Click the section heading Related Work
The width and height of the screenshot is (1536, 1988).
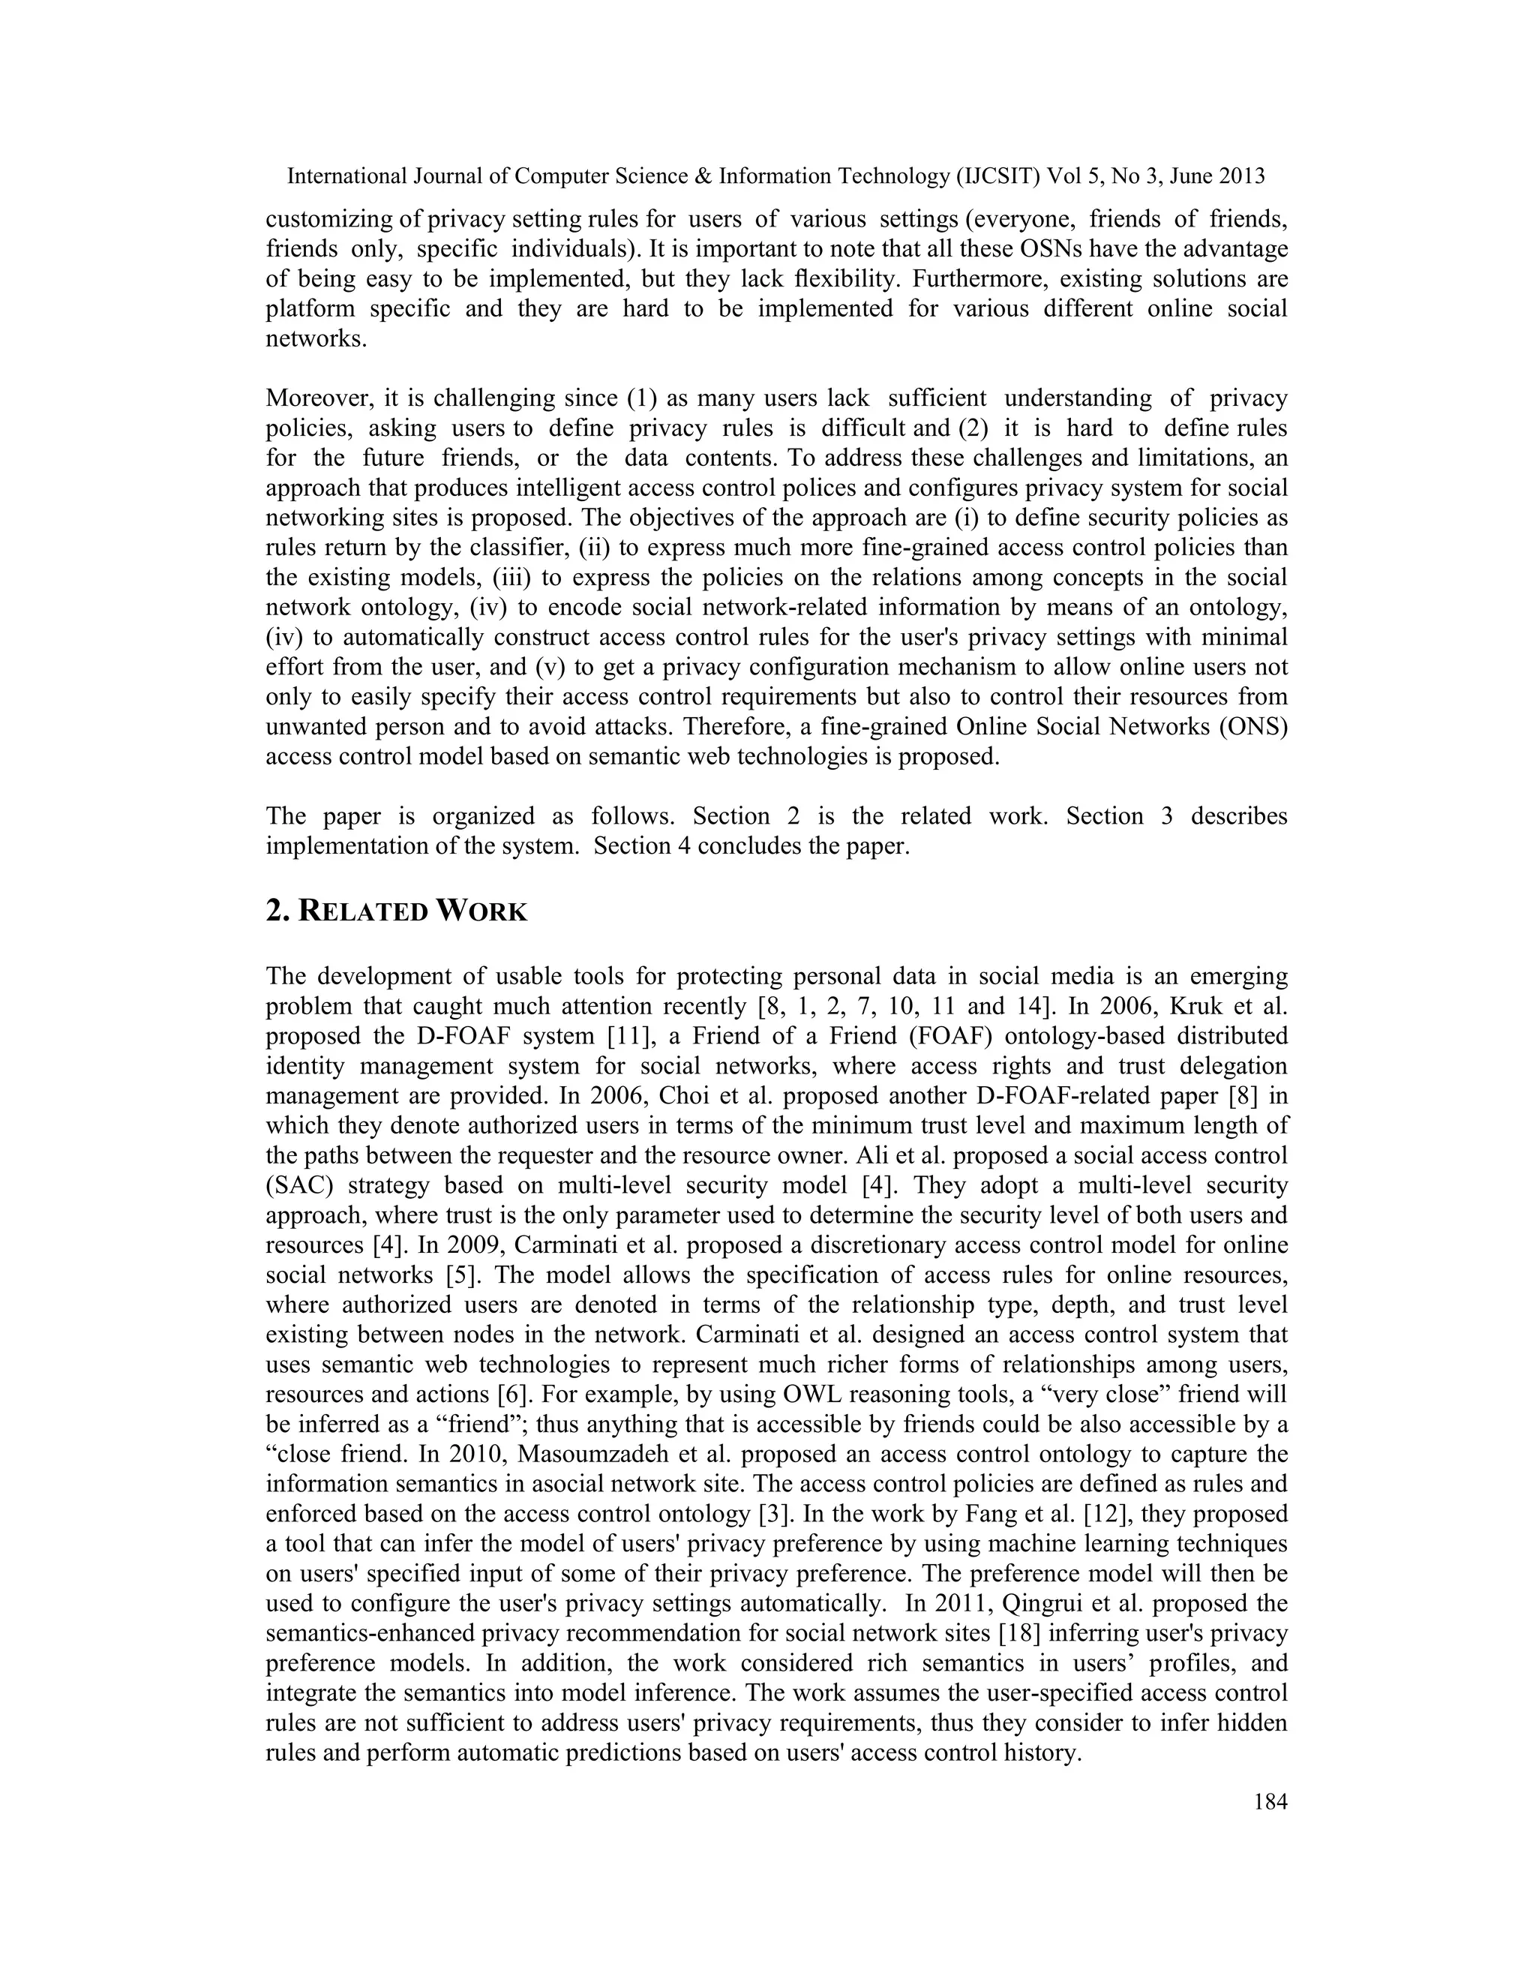coord(397,911)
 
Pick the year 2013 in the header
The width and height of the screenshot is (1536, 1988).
coord(1241,176)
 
